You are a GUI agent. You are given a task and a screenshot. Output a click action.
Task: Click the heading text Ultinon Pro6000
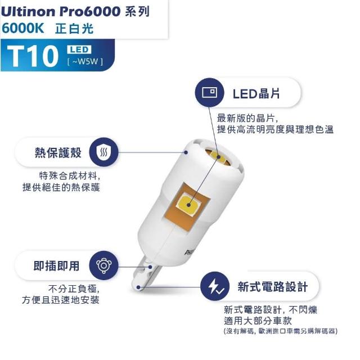[x=61, y=11]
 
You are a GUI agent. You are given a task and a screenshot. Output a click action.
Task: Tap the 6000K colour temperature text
[x=22, y=29]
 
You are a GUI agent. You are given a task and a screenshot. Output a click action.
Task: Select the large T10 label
[x=33, y=56]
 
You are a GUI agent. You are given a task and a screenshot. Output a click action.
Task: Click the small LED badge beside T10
[x=79, y=49]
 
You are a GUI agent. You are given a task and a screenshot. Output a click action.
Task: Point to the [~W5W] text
[x=85, y=61]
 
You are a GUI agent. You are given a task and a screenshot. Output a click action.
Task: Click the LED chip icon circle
[x=209, y=92]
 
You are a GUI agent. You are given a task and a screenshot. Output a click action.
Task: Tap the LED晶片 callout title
[x=256, y=94]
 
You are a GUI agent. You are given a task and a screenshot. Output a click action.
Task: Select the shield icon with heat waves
[x=103, y=152]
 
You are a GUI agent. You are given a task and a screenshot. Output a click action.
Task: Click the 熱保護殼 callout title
[x=58, y=152]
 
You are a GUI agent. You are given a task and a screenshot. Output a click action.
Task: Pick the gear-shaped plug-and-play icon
[x=103, y=265]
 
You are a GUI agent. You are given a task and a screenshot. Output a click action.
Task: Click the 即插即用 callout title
[x=56, y=266]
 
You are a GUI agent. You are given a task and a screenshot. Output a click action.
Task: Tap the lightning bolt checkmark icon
[x=215, y=286]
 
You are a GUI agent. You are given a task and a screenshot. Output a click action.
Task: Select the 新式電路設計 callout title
[x=272, y=287]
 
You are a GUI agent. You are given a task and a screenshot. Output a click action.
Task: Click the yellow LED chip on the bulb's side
[x=188, y=204]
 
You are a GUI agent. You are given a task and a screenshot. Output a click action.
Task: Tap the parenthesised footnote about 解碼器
[x=281, y=331]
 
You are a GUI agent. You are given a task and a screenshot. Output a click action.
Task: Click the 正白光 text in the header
[x=74, y=29]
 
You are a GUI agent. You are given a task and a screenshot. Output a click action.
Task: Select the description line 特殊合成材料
[x=70, y=176]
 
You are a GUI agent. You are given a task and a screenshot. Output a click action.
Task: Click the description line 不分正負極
[x=74, y=289]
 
